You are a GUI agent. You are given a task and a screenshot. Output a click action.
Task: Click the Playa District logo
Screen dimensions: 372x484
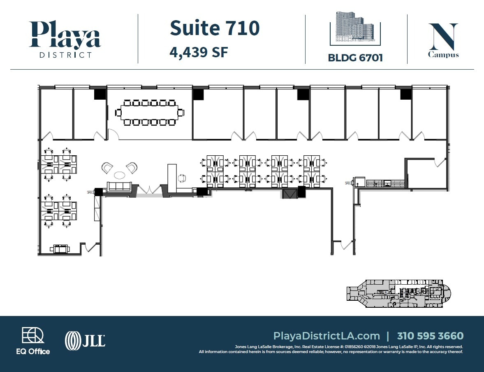pos(65,39)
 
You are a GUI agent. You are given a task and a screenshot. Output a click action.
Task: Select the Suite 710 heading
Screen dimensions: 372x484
pos(215,28)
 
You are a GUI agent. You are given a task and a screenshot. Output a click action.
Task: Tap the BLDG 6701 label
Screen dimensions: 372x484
pos(355,58)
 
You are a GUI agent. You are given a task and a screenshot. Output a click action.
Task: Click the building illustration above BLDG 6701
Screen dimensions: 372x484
pos(355,28)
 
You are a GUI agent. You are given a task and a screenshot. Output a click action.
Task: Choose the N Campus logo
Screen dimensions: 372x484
pos(443,40)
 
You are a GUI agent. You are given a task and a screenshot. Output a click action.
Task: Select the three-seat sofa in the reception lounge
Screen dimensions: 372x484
pos(119,187)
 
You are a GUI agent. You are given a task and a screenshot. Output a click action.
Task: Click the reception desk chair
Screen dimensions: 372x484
pos(182,178)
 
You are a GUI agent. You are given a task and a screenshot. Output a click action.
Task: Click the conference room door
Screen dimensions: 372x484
pos(113,134)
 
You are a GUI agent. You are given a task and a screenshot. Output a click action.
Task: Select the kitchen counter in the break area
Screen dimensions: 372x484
pos(385,182)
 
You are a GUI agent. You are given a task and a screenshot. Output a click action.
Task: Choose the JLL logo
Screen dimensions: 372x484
pos(85,341)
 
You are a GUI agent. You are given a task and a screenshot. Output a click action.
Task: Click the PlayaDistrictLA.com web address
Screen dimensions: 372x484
pos(326,336)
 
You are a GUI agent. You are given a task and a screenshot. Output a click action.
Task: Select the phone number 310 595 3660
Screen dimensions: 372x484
pos(430,336)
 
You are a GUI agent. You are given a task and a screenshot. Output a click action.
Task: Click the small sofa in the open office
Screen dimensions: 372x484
pos(60,248)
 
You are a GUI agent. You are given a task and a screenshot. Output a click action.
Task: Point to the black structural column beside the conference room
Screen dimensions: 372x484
pos(100,94)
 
